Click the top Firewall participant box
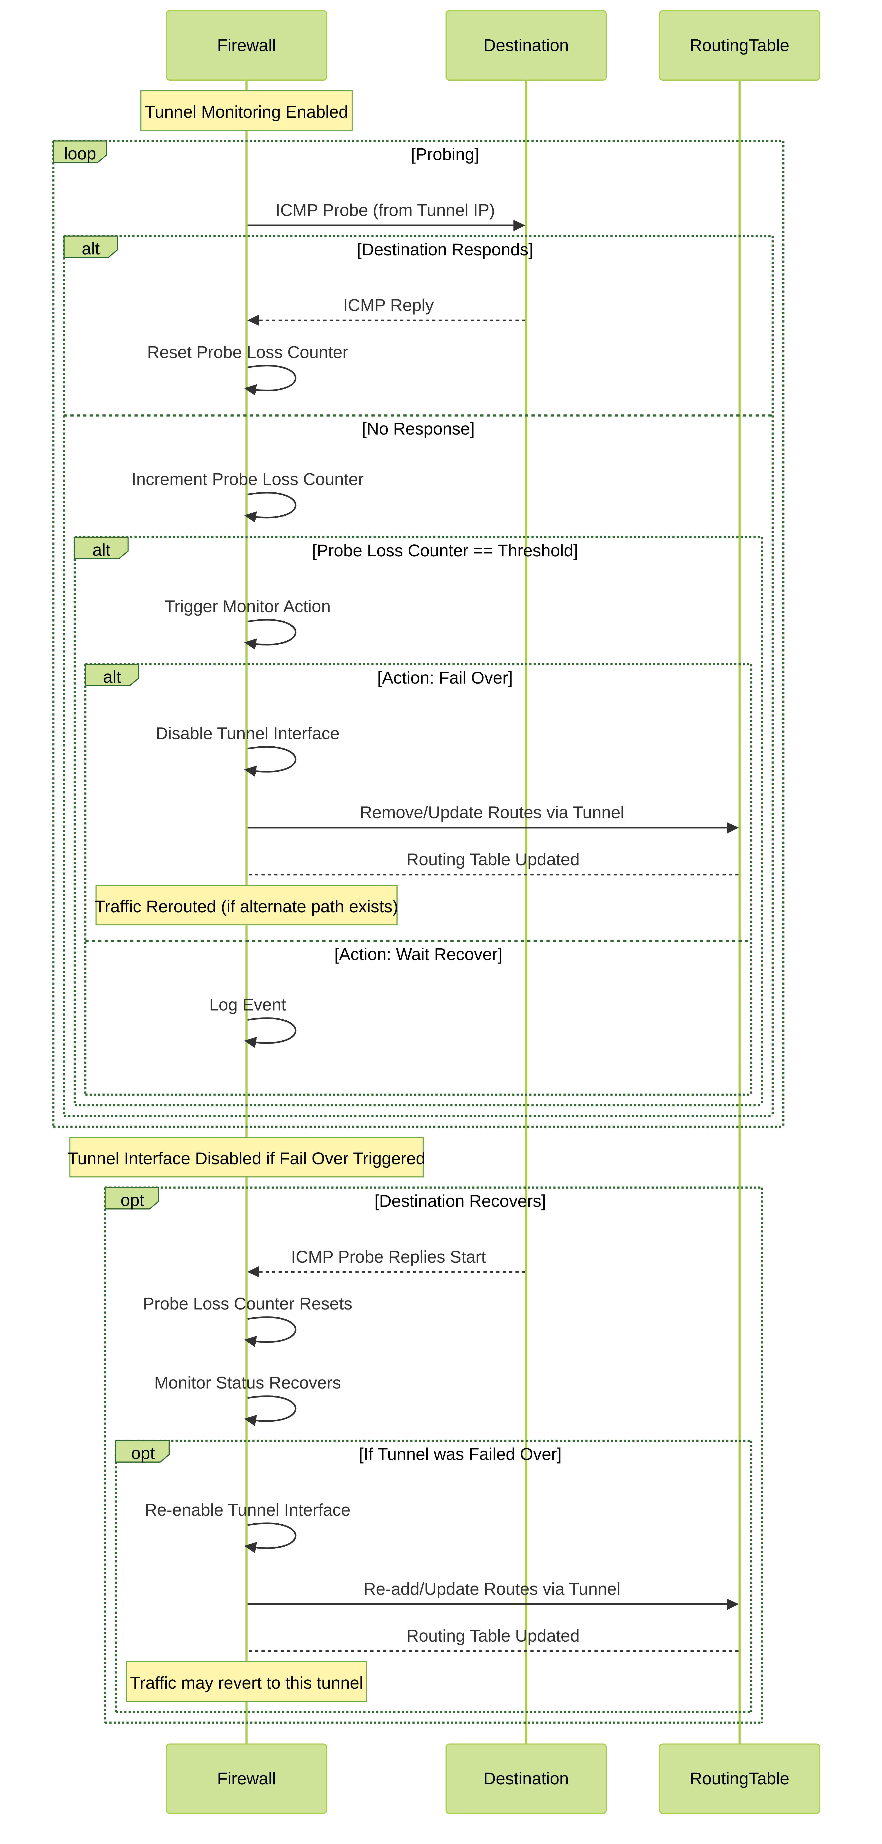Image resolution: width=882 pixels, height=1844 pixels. tap(246, 45)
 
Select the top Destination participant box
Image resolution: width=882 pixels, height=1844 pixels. tap(526, 45)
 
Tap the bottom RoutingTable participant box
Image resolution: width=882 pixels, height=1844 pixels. tap(739, 1778)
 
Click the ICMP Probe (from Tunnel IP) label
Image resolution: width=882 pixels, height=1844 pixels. tap(385, 211)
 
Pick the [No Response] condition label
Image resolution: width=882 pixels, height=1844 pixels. tap(418, 429)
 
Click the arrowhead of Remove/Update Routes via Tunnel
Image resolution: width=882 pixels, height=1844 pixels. tap(733, 827)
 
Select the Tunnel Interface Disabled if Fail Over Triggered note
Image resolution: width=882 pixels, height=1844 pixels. tap(246, 1158)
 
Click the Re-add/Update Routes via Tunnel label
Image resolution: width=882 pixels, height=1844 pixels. tap(491, 1589)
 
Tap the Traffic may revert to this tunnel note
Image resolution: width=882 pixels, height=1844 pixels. tap(246, 1682)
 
